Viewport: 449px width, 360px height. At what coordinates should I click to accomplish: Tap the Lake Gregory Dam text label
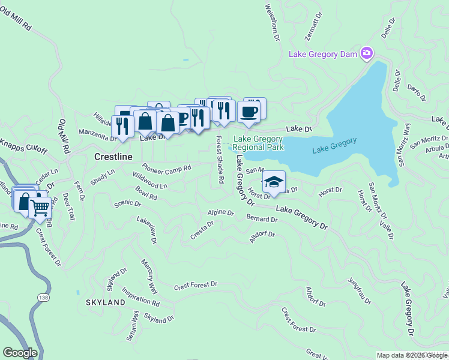pyautogui.click(x=323, y=54)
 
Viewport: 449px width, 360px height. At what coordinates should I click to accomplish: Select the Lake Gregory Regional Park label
pyautogui.click(x=258, y=143)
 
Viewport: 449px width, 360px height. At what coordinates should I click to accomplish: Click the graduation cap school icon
pyautogui.click(x=274, y=182)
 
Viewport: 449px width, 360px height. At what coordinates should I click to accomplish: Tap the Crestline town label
pyautogui.click(x=113, y=156)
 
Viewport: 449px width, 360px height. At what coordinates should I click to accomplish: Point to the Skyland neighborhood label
pyautogui.click(x=105, y=302)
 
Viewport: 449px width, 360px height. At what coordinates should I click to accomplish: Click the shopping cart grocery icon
pyautogui.click(x=40, y=208)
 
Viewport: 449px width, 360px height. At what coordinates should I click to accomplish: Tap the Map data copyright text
pyautogui.click(x=412, y=355)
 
